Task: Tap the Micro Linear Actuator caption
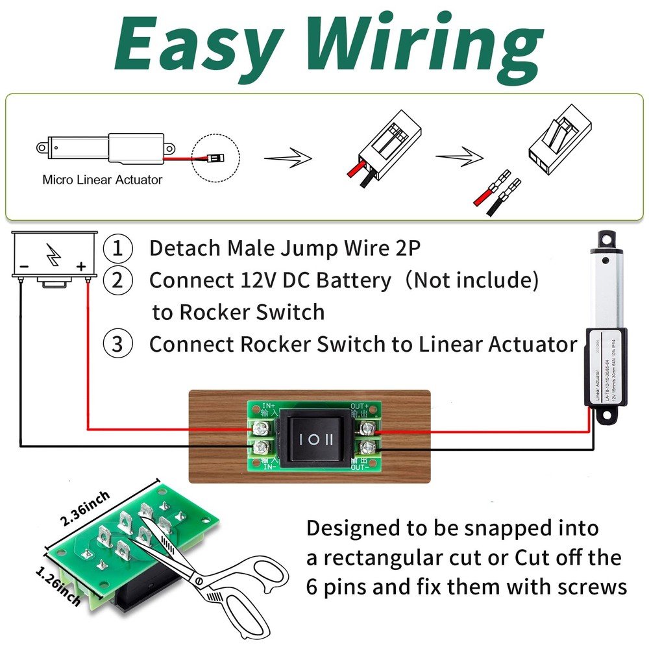102,180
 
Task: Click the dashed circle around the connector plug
216,158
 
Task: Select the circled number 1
117,248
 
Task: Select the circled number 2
117,280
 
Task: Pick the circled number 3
117,344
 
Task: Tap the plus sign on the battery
81,266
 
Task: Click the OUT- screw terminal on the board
369,447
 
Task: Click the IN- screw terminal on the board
262,447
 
